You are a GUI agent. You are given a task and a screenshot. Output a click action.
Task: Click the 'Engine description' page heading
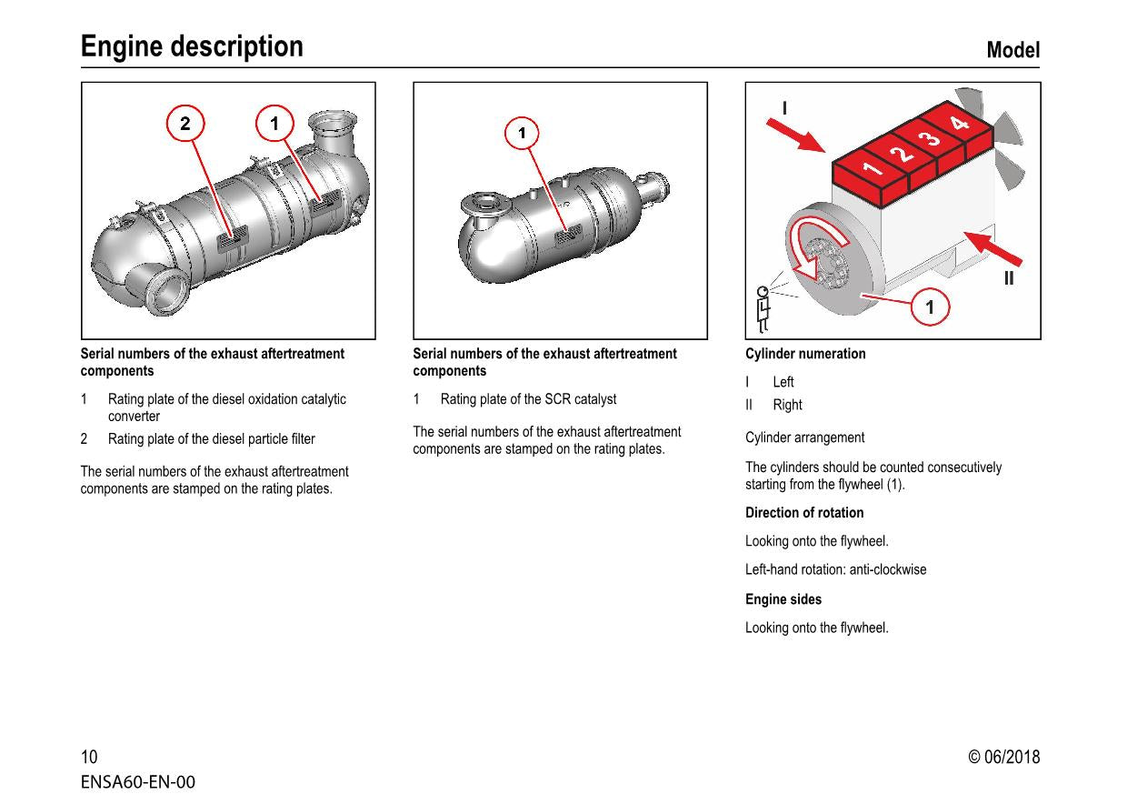(x=192, y=46)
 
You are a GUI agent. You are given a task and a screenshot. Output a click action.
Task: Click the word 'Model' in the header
(x=1012, y=51)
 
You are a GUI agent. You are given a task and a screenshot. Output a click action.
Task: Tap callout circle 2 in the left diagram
(x=185, y=125)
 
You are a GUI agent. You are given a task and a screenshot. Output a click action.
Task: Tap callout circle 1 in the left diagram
(x=274, y=125)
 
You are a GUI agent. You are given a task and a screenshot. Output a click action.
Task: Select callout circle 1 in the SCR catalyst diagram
(x=522, y=134)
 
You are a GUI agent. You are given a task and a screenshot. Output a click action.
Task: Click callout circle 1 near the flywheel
(x=929, y=307)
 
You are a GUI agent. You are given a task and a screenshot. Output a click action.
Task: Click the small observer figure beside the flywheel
(x=763, y=309)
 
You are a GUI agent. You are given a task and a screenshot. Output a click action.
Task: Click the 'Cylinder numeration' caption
(x=805, y=354)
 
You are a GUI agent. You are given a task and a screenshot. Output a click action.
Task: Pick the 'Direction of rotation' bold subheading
(x=804, y=513)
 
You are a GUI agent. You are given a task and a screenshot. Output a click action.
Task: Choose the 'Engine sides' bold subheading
(x=783, y=599)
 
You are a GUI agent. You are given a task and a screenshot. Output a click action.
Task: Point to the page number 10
(x=89, y=758)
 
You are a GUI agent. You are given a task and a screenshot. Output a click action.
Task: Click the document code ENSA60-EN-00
(x=137, y=782)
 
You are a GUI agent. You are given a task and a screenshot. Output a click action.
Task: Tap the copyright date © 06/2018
(x=1003, y=758)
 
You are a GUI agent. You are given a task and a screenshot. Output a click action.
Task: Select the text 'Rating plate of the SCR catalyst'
(x=528, y=399)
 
